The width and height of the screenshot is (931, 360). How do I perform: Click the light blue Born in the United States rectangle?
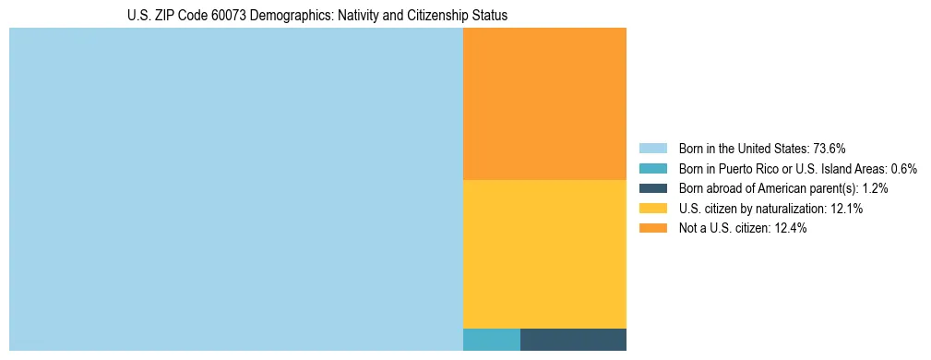(235, 189)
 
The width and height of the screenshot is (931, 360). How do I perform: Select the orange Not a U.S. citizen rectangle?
(544, 103)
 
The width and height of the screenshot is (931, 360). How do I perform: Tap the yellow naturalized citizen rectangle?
(544, 254)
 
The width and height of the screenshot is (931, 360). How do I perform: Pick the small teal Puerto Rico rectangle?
(491, 340)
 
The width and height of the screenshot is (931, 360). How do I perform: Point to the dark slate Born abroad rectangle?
(573, 340)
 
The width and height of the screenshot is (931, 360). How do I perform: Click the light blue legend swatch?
(652, 149)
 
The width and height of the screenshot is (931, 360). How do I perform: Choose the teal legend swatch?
(652, 169)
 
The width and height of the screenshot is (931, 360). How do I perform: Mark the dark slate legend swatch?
(652, 188)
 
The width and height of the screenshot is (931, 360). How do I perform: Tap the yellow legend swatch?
(652, 209)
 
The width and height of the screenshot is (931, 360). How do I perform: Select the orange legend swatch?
(652, 229)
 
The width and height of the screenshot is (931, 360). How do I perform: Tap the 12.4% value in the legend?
(791, 229)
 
